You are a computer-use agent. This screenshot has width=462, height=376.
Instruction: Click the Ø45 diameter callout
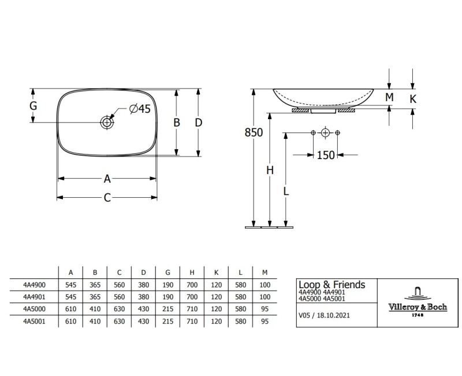pos(140,109)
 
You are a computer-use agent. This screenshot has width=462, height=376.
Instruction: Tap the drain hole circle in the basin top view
pos(107,122)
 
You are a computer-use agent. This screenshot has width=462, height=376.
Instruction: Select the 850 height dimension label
pos(254,132)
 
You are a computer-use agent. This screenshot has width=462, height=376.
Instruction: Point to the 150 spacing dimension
pos(326,155)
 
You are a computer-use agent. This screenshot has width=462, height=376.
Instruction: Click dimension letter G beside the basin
pos(33,105)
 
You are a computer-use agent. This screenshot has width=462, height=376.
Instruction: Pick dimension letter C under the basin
pos(107,197)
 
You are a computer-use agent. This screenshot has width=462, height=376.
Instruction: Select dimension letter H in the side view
pos(270,170)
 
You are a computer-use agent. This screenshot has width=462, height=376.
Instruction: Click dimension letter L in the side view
pos(286,191)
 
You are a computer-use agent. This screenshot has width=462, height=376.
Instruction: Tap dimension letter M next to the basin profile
pos(389,97)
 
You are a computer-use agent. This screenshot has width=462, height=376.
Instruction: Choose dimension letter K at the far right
pos(413,99)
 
